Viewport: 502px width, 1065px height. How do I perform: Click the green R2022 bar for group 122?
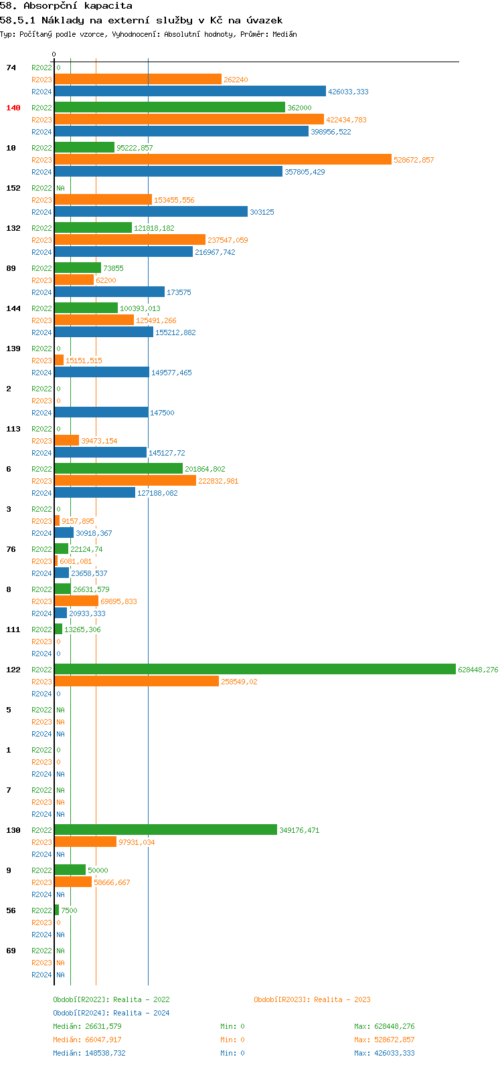254,669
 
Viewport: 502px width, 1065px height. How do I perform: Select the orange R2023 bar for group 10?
222,159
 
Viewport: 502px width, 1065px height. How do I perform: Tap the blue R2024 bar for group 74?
190,91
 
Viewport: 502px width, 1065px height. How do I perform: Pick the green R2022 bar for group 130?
165,830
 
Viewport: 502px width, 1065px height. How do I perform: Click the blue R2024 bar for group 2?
101,412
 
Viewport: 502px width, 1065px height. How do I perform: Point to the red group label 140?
13,108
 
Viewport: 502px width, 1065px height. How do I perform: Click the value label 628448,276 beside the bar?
478,670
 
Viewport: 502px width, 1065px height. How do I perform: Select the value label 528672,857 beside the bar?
414,160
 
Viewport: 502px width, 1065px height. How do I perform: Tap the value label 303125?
262,212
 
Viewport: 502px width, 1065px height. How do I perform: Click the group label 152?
13,188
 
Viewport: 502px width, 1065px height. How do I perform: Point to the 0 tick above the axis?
54,54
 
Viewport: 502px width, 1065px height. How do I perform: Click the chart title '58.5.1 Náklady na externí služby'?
141,20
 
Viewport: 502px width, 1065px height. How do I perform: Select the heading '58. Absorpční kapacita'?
66,6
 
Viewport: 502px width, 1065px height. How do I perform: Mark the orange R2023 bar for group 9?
73,882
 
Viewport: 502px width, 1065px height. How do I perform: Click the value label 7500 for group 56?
69,910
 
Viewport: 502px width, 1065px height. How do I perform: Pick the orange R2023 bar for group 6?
125,480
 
